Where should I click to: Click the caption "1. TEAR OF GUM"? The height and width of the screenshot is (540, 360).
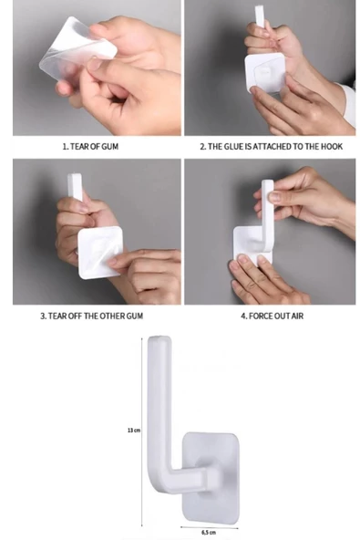[x=90, y=146]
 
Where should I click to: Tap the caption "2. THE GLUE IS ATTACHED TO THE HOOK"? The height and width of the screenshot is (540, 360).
[x=272, y=146]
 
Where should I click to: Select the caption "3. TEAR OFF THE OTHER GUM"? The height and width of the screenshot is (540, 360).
[x=91, y=316]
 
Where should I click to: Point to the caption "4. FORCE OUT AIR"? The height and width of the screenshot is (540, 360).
[x=272, y=316]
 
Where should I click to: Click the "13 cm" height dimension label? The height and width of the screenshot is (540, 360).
[x=134, y=431]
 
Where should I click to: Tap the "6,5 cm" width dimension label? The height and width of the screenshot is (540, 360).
[x=209, y=532]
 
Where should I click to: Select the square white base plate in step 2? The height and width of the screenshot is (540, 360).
[x=265, y=72]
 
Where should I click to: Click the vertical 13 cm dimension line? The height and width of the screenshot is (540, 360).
[x=142, y=431]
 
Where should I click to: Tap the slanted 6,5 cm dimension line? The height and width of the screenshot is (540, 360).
[x=210, y=526]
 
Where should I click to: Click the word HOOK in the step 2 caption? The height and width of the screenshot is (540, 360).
[x=332, y=146]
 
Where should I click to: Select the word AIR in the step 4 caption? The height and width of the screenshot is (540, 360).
[x=297, y=316]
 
